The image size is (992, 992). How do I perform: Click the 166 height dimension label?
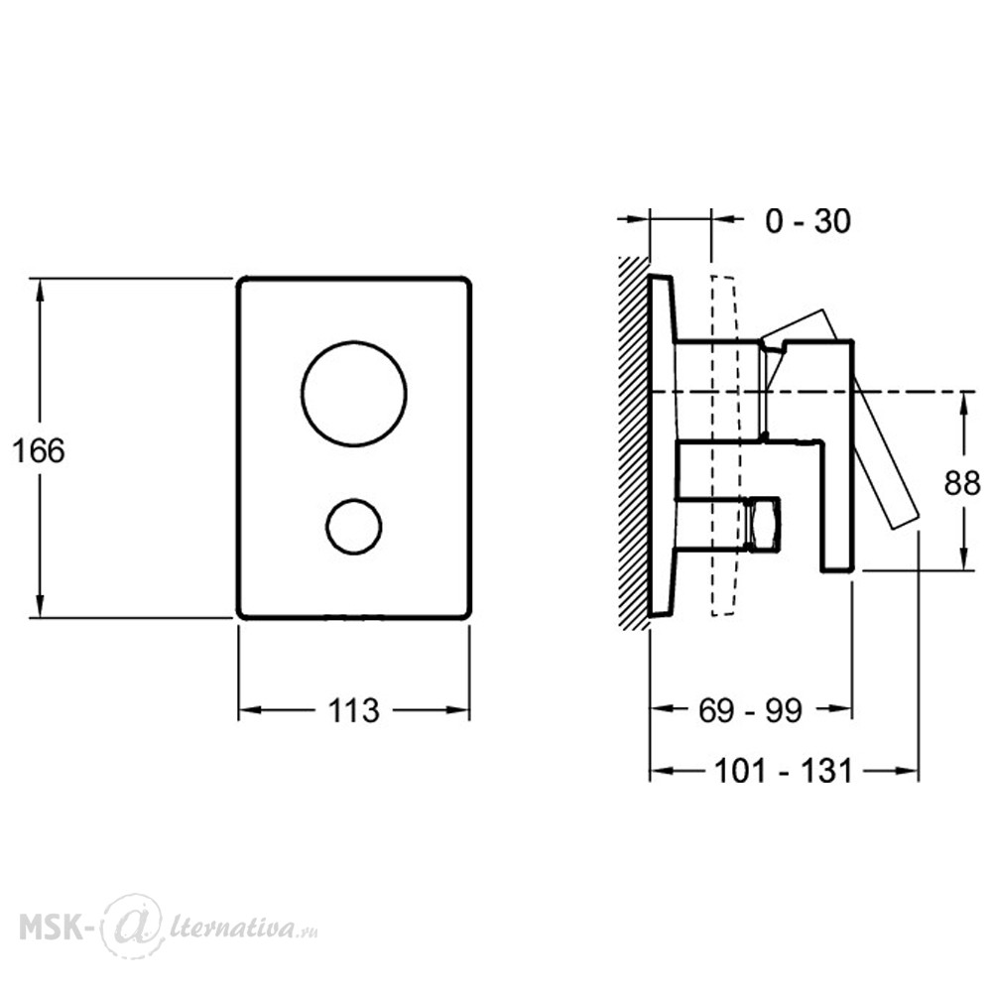(39, 451)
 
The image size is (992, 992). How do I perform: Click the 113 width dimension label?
(354, 710)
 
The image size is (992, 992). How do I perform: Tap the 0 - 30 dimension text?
(807, 221)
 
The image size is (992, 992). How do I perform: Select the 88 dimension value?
(962, 483)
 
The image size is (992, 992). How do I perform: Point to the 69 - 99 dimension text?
(750, 710)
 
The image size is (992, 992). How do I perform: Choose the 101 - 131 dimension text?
(784, 771)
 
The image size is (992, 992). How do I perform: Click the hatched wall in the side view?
(634, 442)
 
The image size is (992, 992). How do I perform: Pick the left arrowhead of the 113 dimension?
(251, 710)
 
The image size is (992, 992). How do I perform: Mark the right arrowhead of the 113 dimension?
(457, 710)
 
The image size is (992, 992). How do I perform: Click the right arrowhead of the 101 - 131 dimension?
(906, 771)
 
